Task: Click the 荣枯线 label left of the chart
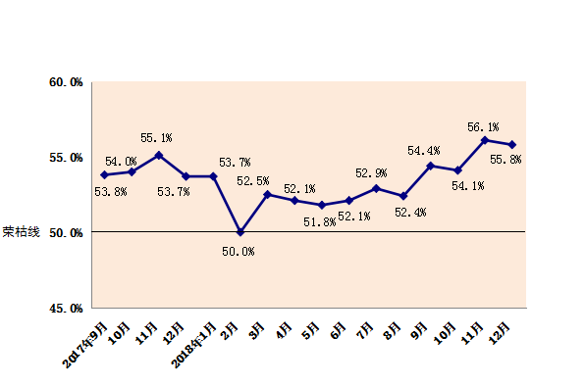[x=22, y=233]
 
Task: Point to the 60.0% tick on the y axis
[x=66, y=82]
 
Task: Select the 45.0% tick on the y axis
[x=66, y=309]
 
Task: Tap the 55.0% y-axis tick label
[x=66, y=158]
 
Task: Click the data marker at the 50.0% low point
[x=240, y=232]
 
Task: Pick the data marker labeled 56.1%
[x=485, y=140]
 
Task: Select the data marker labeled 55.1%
[x=159, y=155]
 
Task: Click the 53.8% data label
[x=110, y=192]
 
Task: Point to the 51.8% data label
[x=319, y=222]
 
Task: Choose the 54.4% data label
[x=423, y=151]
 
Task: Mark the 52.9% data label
[x=371, y=173]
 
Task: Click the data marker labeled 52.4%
[x=403, y=196]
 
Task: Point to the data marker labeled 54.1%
[x=457, y=170]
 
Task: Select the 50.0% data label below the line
[x=239, y=252]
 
